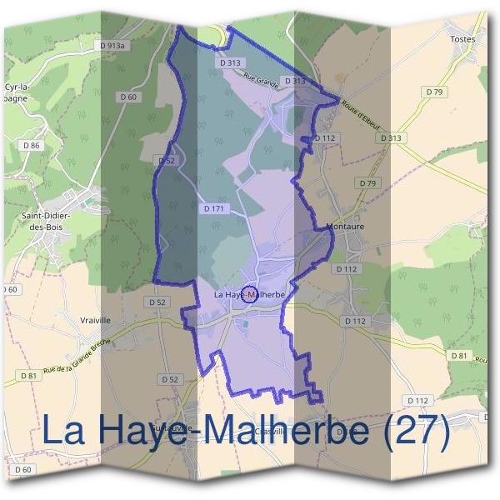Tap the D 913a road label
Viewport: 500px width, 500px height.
tap(109, 46)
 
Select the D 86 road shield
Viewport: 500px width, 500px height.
tap(32, 145)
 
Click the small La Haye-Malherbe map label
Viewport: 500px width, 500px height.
tap(250, 295)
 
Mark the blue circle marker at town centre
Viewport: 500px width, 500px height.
tap(248, 294)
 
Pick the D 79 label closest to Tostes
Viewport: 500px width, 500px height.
tap(435, 92)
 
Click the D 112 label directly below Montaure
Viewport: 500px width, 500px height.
tap(346, 269)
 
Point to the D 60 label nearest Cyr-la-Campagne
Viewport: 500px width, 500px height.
tap(127, 97)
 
